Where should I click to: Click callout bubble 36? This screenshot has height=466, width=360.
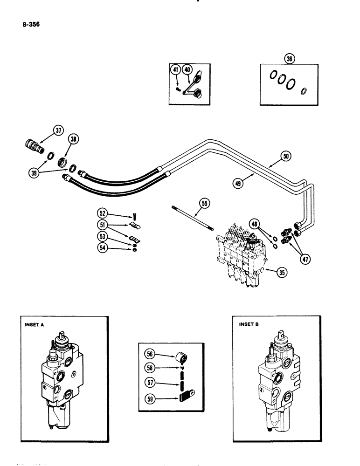click(x=290, y=59)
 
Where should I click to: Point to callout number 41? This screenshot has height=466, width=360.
click(x=176, y=70)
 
